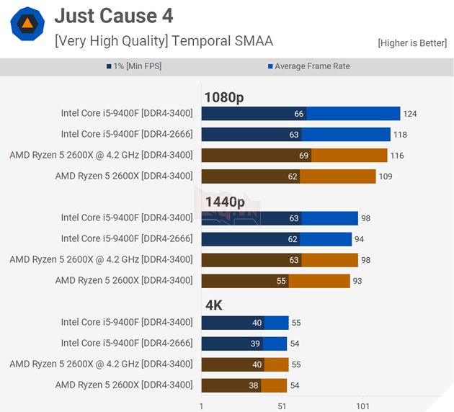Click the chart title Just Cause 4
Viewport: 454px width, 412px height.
(x=114, y=16)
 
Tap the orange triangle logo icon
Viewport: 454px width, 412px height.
(x=27, y=24)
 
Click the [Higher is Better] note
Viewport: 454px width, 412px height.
(x=411, y=43)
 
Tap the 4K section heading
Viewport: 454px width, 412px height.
(x=213, y=305)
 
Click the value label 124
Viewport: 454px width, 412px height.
(x=410, y=114)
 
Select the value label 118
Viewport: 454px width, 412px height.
(x=401, y=135)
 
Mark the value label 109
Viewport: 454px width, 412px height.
(x=386, y=176)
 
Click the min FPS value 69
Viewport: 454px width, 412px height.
(x=303, y=156)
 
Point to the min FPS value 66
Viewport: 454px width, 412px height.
(x=299, y=114)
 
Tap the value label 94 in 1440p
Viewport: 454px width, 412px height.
(x=360, y=239)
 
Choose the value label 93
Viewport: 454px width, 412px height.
(x=358, y=281)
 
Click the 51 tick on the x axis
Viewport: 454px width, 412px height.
(x=282, y=406)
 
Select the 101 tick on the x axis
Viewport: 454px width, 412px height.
(x=363, y=406)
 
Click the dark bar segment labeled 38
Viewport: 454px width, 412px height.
(x=231, y=385)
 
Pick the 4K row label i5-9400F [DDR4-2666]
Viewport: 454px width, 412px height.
(x=127, y=344)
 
